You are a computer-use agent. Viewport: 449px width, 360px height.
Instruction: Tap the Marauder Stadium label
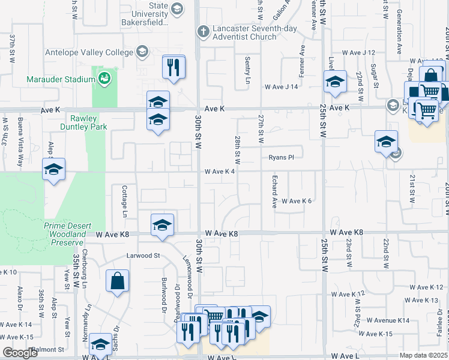pos(58,79)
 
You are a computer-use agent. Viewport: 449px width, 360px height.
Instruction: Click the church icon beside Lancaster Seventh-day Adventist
pos(203,31)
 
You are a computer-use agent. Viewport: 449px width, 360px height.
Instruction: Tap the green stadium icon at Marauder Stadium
pos(104,78)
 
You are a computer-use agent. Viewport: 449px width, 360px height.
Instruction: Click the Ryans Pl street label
pos(281,157)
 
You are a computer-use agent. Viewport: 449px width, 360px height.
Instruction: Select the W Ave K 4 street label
pos(218,171)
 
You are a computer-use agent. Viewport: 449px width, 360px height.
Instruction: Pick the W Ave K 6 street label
pos(297,201)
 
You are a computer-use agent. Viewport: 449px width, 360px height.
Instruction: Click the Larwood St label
pos(143,255)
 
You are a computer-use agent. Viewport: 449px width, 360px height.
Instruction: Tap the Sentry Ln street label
pos(247,70)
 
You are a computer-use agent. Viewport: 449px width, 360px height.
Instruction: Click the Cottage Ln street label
pos(125,201)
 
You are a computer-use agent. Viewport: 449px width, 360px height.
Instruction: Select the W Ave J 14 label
pos(282,87)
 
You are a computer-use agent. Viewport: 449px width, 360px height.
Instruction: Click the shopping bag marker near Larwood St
pos(118,280)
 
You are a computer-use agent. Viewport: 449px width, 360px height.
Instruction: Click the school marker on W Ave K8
pos(162,225)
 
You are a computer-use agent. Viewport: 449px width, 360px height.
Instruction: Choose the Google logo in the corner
pos(20,353)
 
